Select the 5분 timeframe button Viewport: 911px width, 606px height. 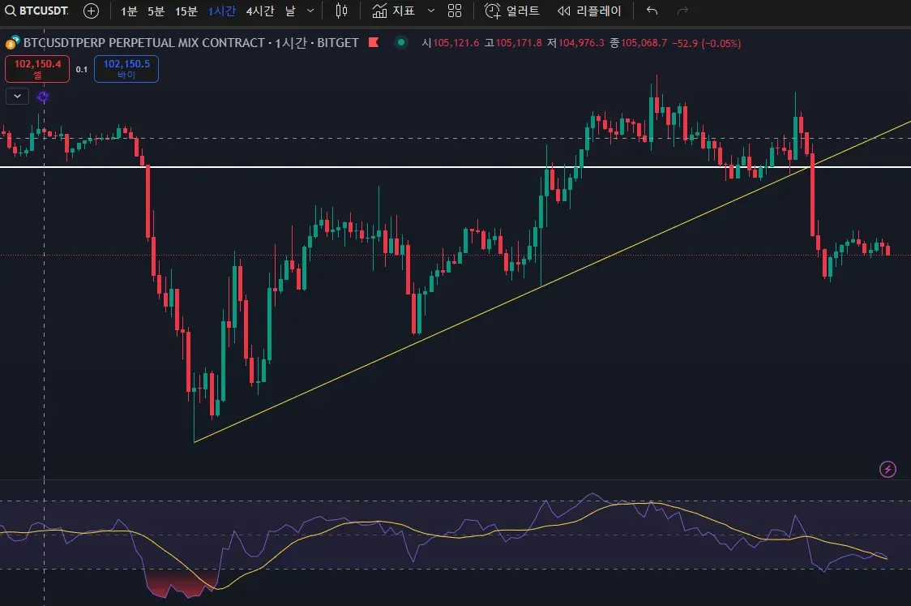156,11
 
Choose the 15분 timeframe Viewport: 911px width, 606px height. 186,11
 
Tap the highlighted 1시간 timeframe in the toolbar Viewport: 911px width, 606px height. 221,11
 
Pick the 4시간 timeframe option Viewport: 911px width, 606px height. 260,11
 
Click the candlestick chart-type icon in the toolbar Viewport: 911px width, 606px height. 341,11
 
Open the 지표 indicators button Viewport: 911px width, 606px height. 394,11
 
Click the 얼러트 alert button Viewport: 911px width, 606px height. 512,11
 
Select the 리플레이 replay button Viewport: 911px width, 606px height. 589,11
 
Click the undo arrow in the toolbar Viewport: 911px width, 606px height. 652,11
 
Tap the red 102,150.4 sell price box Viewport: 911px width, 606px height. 37,68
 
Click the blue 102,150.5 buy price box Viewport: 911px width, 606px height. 126,68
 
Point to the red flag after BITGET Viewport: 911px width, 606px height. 374,42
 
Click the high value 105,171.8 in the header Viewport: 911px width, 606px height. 518,43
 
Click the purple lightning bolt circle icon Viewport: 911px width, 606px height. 888,469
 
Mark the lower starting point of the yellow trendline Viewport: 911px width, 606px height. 195,441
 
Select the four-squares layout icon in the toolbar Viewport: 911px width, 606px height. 455,11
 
